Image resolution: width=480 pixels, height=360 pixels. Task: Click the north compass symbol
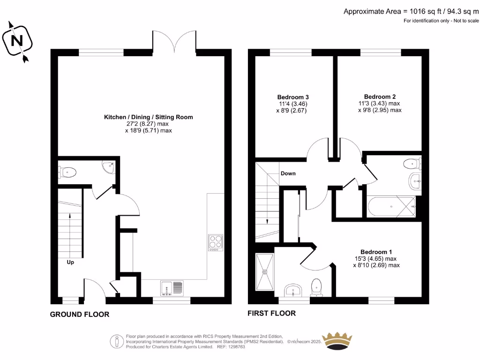pos(18,41)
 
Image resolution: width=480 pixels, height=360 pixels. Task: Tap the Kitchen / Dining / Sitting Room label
pos(148,117)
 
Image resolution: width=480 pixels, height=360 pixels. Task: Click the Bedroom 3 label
pos(293,97)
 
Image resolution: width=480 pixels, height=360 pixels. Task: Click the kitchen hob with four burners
pos(216,241)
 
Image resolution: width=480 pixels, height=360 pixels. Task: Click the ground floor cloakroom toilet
pos(67,172)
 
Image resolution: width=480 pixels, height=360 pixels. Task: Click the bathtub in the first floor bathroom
pos(391,205)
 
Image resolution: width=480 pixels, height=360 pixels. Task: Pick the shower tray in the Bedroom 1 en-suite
pos(265,271)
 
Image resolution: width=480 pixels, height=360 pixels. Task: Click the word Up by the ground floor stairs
pos(70,262)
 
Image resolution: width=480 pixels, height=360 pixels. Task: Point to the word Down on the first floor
pos(288,173)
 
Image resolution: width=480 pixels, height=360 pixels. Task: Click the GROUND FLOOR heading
pos(80,315)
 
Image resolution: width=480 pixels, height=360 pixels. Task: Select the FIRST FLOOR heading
pos(271,313)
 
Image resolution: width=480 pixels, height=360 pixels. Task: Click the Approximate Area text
pos(411,11)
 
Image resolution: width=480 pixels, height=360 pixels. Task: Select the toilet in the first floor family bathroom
pos(411,164)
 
